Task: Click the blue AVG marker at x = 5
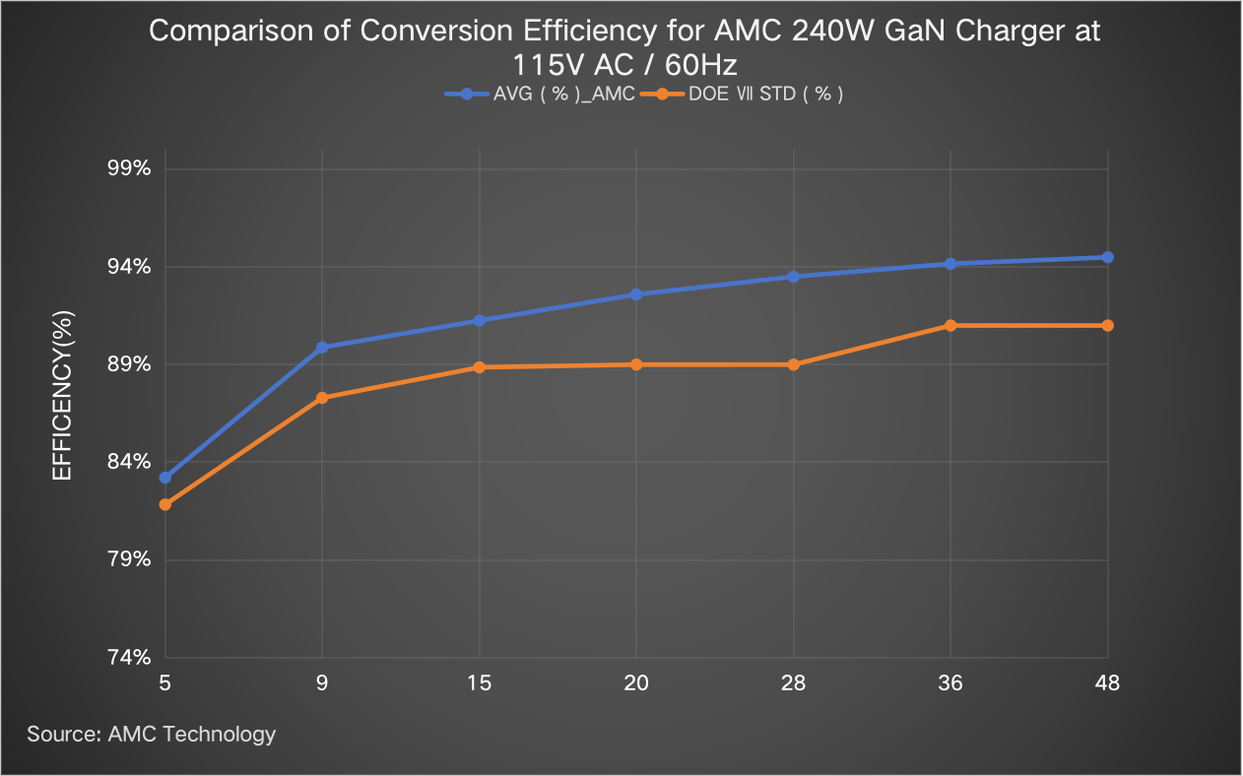coord(165,478)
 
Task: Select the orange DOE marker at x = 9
coord(322,398)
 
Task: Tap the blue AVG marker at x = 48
coord(1108,257)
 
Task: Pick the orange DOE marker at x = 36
coord(950,326)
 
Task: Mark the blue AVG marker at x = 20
coord(636,294)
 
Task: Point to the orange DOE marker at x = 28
coord(793,364)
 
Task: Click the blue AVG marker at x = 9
coord(322,347)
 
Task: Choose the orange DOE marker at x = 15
coord(480,367)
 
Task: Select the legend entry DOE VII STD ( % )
coord(766,95)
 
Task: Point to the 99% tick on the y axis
coord(128,168)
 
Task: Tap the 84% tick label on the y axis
coord(128,462)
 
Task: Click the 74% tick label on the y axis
coord(128,657)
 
